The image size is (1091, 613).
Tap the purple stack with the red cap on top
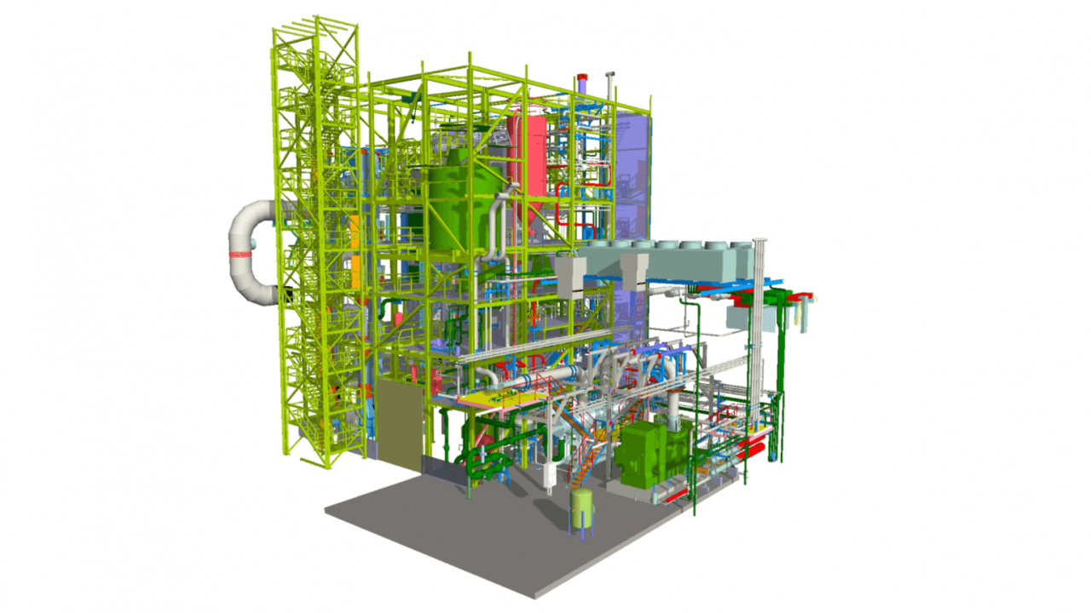pyautogui.click(x=583, y=83)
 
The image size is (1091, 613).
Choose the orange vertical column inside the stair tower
pyautogui.click(x=353, y=251)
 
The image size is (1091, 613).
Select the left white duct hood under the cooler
pyautogui.click(x=569, y=277)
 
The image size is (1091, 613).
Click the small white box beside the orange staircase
pyautogui.click(x=551, y=473)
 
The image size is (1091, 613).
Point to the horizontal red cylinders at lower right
pyautogui.click(x=747, y=450)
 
